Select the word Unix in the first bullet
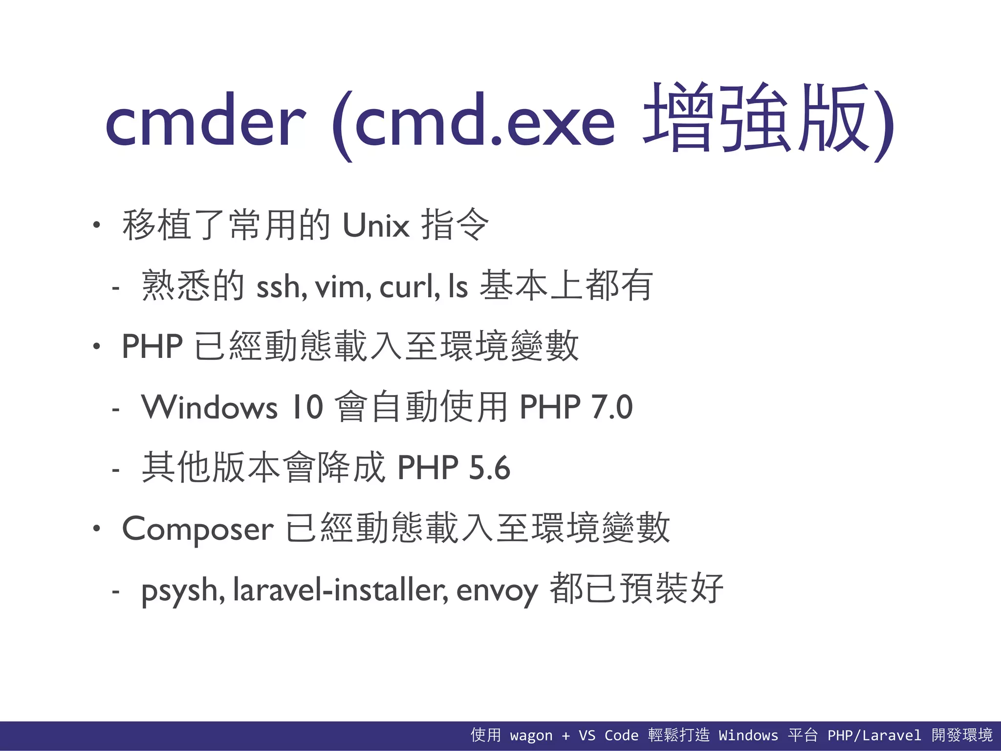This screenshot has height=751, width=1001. (376, 225)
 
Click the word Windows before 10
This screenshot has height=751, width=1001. (210, 407)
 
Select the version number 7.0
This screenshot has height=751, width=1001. (611, 407)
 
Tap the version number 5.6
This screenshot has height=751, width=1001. (489, 468)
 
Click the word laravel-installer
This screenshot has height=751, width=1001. (341, 590)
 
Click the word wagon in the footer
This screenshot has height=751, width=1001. (531, 735)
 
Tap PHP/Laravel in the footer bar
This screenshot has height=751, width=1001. (874, 735)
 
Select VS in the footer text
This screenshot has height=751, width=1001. (587, 735)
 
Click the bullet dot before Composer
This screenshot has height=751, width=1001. (97, 529)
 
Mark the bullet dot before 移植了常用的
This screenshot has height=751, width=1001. (97, 225)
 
